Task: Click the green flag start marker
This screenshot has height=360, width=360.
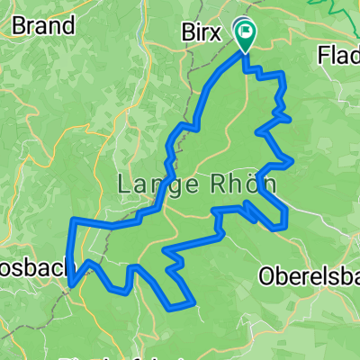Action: click(x=245, y=31)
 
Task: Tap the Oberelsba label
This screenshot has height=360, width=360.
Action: click(x=310, y=274)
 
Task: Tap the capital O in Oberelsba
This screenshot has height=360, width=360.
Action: click(x=266, y=274)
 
